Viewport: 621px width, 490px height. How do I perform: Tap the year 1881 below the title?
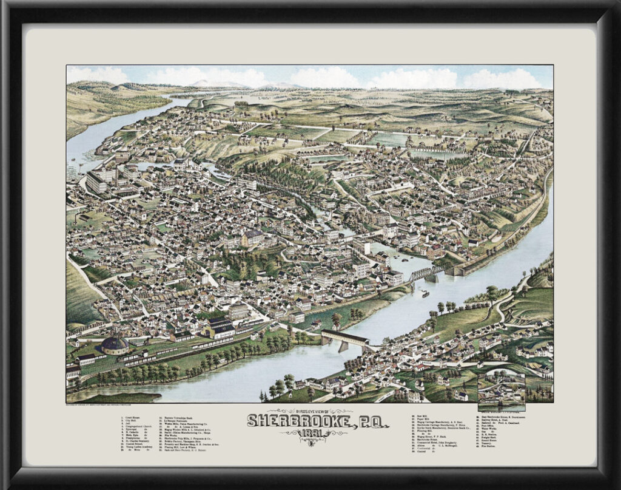[310, 432]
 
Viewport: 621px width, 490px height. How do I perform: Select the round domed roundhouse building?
[114, 345]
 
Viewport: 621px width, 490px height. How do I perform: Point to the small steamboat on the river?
[425, 294]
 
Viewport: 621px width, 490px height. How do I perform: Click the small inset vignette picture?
[501, 389]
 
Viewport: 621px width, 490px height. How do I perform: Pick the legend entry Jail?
[129, 424]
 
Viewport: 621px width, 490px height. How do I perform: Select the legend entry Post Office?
[488, 426]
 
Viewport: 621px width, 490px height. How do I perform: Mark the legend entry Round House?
[490, 440]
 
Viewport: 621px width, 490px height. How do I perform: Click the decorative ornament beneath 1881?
[310, 442]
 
